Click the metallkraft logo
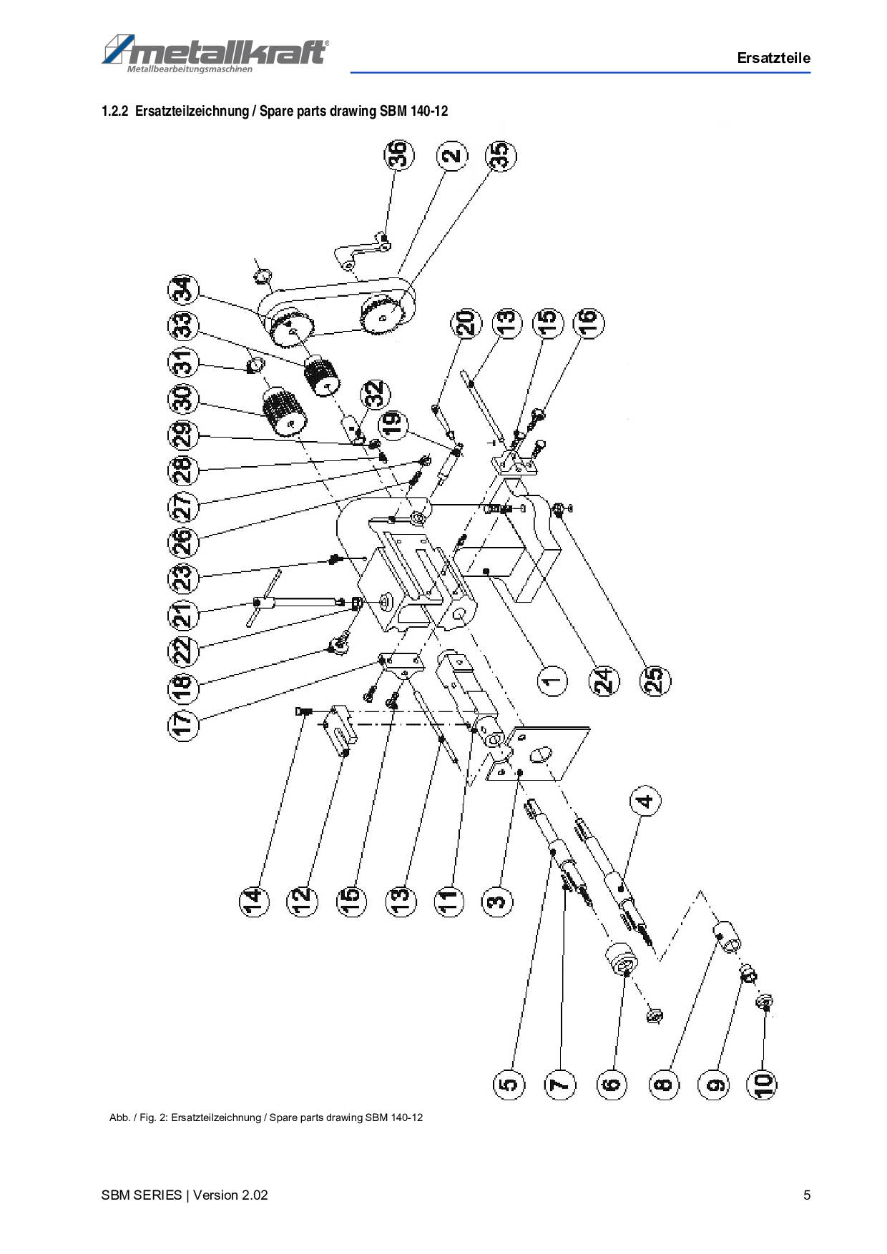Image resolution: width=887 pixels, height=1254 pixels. tap(215, 53)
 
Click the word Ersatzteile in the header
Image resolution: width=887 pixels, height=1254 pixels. tap(773, 59)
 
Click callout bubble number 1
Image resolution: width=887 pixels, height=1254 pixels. tap(551, 680)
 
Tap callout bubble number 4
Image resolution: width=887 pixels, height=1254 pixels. tap(645, 802)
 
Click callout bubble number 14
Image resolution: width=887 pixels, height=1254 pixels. tap(253, 901)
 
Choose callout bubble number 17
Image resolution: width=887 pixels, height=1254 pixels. tap(183, 722)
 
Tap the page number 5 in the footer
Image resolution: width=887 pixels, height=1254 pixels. tap(807, 1195)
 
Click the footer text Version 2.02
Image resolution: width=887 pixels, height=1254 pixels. tap(230, 1195)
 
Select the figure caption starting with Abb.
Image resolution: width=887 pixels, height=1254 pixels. tap(265, 1117)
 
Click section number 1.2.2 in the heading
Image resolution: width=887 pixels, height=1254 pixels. tap(114, 112)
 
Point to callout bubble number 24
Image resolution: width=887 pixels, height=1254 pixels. tap(604, 680)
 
